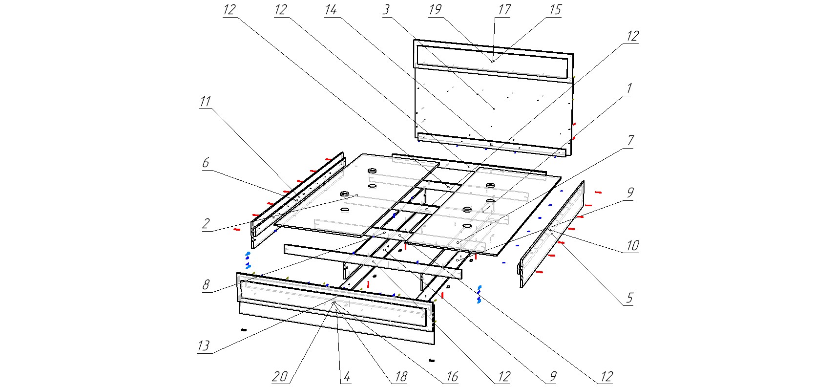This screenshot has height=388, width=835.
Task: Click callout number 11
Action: click(x=205, y=102)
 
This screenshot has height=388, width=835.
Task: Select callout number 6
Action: click(x=206, y=163)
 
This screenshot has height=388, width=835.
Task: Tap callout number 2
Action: click(x=206, y=224)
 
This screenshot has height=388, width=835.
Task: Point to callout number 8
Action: click(x=206, y=284)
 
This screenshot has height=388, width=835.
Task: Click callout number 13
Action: click(x=203, y=346)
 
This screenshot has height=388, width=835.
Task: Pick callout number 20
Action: click(x=279, y=376)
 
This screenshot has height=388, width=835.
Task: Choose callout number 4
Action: click(x=346, y=377)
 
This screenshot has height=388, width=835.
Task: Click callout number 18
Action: click(x=400, y=377)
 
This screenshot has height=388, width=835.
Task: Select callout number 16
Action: click(x=452, y=377)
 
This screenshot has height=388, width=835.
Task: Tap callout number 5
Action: click(x=629, y=298)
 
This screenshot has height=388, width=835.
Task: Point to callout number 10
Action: click(x=632, y=245)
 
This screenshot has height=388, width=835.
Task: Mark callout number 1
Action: click(x=629, y=89)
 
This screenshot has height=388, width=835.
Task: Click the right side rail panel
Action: click(x=552, y=235)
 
